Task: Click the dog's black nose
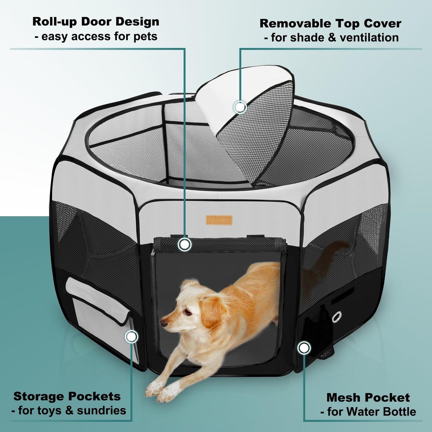tap(164, 323)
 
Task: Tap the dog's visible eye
tap(187, 312)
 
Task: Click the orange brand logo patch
tap(219, 220)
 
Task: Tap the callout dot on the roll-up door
tap(184, 244)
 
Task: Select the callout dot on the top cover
tap(240, 107)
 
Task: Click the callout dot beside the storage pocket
tap(132, 337)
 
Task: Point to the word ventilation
tap(369, 37)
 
